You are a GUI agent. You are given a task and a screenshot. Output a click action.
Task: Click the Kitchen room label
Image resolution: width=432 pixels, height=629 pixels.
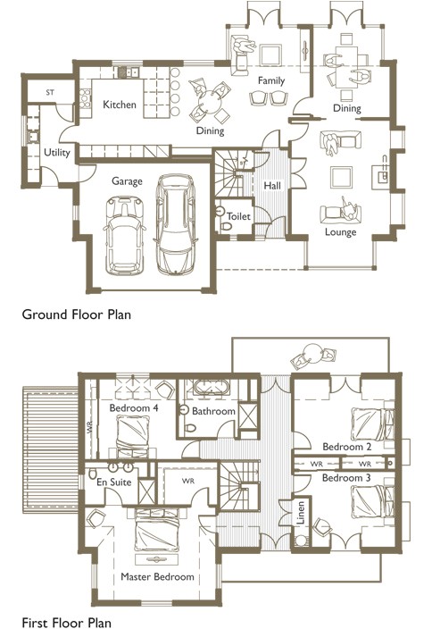[x=120, y=105]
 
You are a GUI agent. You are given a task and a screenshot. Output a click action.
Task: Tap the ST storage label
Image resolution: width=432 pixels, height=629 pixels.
[x=50, y=92]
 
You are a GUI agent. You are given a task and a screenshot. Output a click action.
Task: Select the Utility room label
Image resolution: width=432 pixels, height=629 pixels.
[x=57, y=153]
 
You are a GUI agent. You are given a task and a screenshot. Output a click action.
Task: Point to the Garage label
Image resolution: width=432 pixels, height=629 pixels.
[x=128, y=180]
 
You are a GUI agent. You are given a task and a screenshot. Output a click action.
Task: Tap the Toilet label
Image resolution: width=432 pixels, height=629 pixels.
[x=238, y=216]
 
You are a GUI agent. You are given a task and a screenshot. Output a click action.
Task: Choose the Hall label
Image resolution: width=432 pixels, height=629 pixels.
[x=272, y=185]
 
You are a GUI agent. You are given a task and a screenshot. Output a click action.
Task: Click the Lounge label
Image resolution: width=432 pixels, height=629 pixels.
[x=340, y=232]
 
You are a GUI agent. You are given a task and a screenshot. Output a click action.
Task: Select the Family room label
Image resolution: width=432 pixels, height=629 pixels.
[x=270, y=80]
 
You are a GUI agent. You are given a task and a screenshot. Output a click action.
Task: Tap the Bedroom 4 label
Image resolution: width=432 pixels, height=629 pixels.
[x=134, y=408]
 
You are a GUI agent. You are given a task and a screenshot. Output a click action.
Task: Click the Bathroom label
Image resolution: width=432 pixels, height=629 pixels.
[x=214, y=412]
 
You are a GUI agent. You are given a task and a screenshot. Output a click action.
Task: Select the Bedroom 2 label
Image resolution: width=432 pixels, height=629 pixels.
[x=347, y=446]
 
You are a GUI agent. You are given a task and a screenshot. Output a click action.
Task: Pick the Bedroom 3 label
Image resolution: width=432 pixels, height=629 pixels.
[x=347, y=478]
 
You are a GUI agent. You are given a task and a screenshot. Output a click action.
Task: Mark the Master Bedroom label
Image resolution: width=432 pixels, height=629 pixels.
[x=157, y=577]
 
